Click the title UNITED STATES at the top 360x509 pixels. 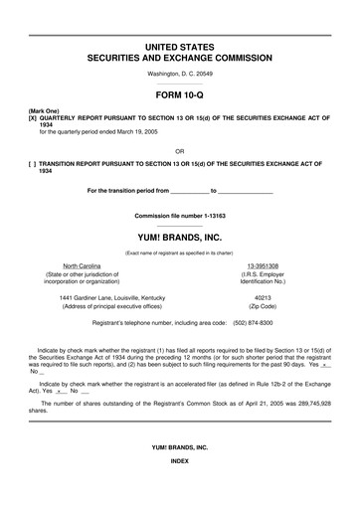179,47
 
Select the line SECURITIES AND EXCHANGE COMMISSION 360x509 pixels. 179,59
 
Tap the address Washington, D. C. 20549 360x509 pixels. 179,76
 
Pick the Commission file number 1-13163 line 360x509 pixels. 179,216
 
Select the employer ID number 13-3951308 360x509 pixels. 264,266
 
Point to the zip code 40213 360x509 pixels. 264,297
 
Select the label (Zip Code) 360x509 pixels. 264,306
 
